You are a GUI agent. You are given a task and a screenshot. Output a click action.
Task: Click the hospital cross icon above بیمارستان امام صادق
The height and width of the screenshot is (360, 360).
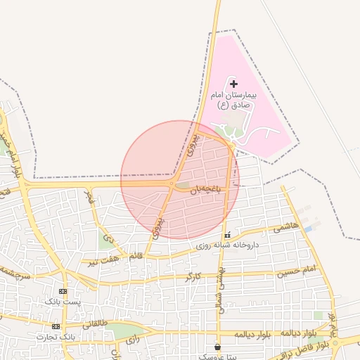(234, 84)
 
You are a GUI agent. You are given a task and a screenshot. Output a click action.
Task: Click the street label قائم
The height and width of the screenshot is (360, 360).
(136, 255)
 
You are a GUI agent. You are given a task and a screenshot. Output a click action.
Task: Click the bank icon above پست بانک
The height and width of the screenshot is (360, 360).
(63, 291)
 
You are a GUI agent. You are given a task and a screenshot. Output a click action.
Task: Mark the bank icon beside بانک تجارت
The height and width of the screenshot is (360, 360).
(56, 326)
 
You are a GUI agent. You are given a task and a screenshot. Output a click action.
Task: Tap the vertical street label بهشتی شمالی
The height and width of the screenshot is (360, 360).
(220, 290)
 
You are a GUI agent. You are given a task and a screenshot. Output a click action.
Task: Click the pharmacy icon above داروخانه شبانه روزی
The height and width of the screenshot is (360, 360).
(226, 236)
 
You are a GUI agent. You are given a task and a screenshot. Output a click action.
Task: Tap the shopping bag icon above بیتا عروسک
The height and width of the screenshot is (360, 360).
(217, 347)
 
